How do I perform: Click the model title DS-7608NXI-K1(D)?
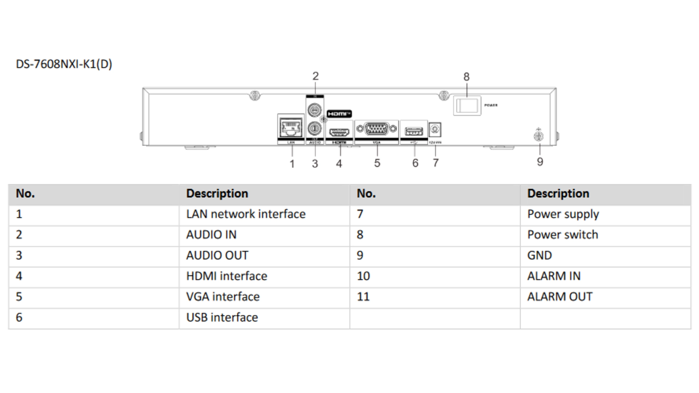pyautogui.click(x=64, y=64)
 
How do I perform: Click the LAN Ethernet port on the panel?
pyautogui.click(x=291, y=128)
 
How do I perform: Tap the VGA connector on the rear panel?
pyautogui.click(x=376, y=129)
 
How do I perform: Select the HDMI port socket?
pyautogui.click(x=339, y=132)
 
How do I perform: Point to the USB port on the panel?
pyautogui.click(x=414, y=131)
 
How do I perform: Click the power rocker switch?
pyautogui.click(x=467, y=106)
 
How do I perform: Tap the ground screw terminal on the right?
pyautogui.click(x=538, y=136)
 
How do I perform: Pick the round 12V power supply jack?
pyautogui.click(x=435, y=130)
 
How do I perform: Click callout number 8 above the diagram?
pyautogui.click(x=466, y=77)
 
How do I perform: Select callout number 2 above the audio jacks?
pyautogui.click(x=315, y=76)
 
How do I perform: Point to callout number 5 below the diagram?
pyautogui.click(x=377, y=163)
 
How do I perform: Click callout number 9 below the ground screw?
pyautogui.click(x=540, y=162)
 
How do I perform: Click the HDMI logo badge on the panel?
pyautogui.click(x=339, y=114)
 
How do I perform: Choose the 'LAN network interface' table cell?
pyautogui.click(x=246, y=214)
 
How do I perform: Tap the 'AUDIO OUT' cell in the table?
pyautogui.click(x=217, y=255)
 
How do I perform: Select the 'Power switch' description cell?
pyautogui.click(x=562, y=235)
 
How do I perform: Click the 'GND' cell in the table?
pyautogui.click(x=539, y=255)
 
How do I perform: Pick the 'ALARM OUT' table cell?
pyautogui.click(x=560, y=297)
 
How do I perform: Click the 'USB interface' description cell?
pyautogui.click(x=222, y=317)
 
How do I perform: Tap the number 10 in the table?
pyautogui.click(x=363, y=276)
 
